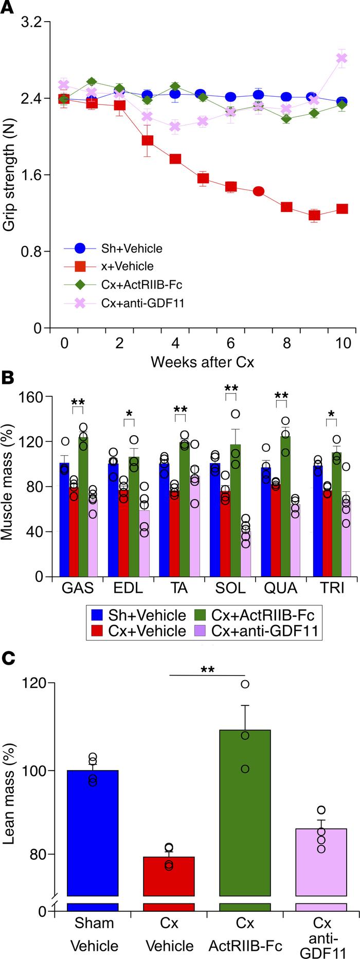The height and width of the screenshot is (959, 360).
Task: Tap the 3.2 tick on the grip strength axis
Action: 32,22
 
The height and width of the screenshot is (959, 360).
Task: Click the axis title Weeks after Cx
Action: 202,362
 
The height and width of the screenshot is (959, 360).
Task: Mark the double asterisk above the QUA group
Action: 281,396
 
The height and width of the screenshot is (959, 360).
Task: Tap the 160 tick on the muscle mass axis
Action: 32,397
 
